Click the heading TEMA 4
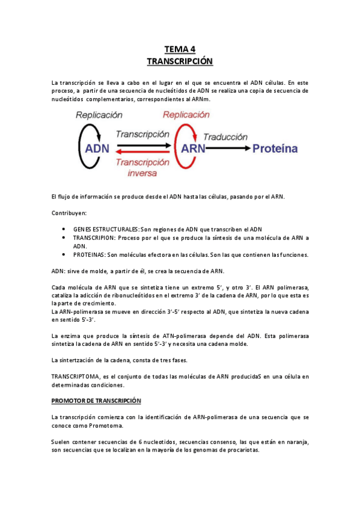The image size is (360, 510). click(x=180, y=49)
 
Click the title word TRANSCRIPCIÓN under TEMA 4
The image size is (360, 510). click(x=180, y=61)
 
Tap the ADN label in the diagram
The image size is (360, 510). click(x=97, y=148)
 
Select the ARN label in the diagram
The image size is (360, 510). click(x=194, y=148)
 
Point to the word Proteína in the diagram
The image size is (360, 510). click(x=275, y=148)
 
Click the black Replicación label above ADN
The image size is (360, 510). click(x=99, y=115)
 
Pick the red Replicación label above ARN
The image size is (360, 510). click(x=186, y=114)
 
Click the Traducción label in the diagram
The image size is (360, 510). click(x=225, y=137)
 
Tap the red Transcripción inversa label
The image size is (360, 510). click(x=142, y=168)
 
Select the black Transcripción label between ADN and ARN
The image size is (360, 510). click(x=142, y=134)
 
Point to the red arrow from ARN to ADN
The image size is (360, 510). click(x=142, y=153)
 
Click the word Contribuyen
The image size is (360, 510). click(x=69, y=213)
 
